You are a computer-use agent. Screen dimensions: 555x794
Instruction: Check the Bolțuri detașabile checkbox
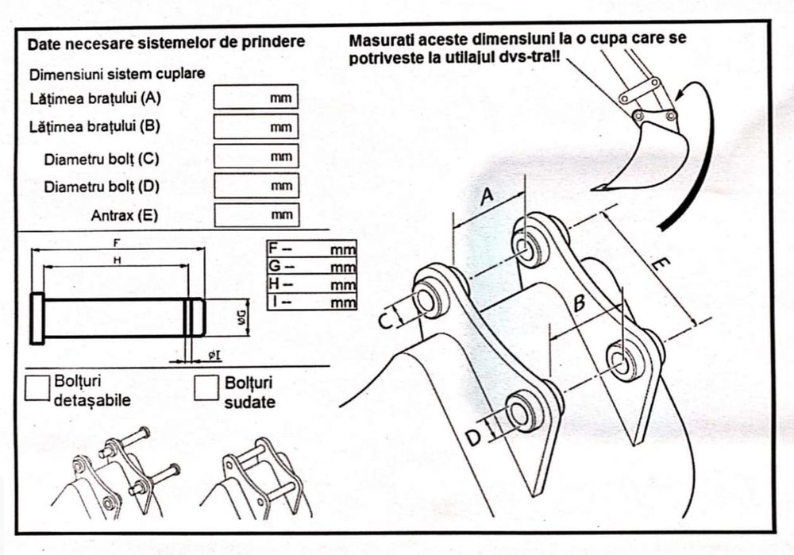[37, 387]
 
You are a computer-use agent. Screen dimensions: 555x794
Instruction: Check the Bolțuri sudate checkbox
[207, 387]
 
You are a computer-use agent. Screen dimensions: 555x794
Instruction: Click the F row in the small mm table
[311, 249]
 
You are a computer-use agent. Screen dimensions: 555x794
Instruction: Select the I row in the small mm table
[311, 302]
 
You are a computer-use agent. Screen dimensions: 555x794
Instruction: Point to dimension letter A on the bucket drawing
[488, 195]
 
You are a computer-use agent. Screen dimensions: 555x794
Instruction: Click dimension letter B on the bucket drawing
[580, 303]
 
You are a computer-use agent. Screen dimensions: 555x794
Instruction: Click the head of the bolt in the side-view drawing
[37, 318]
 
